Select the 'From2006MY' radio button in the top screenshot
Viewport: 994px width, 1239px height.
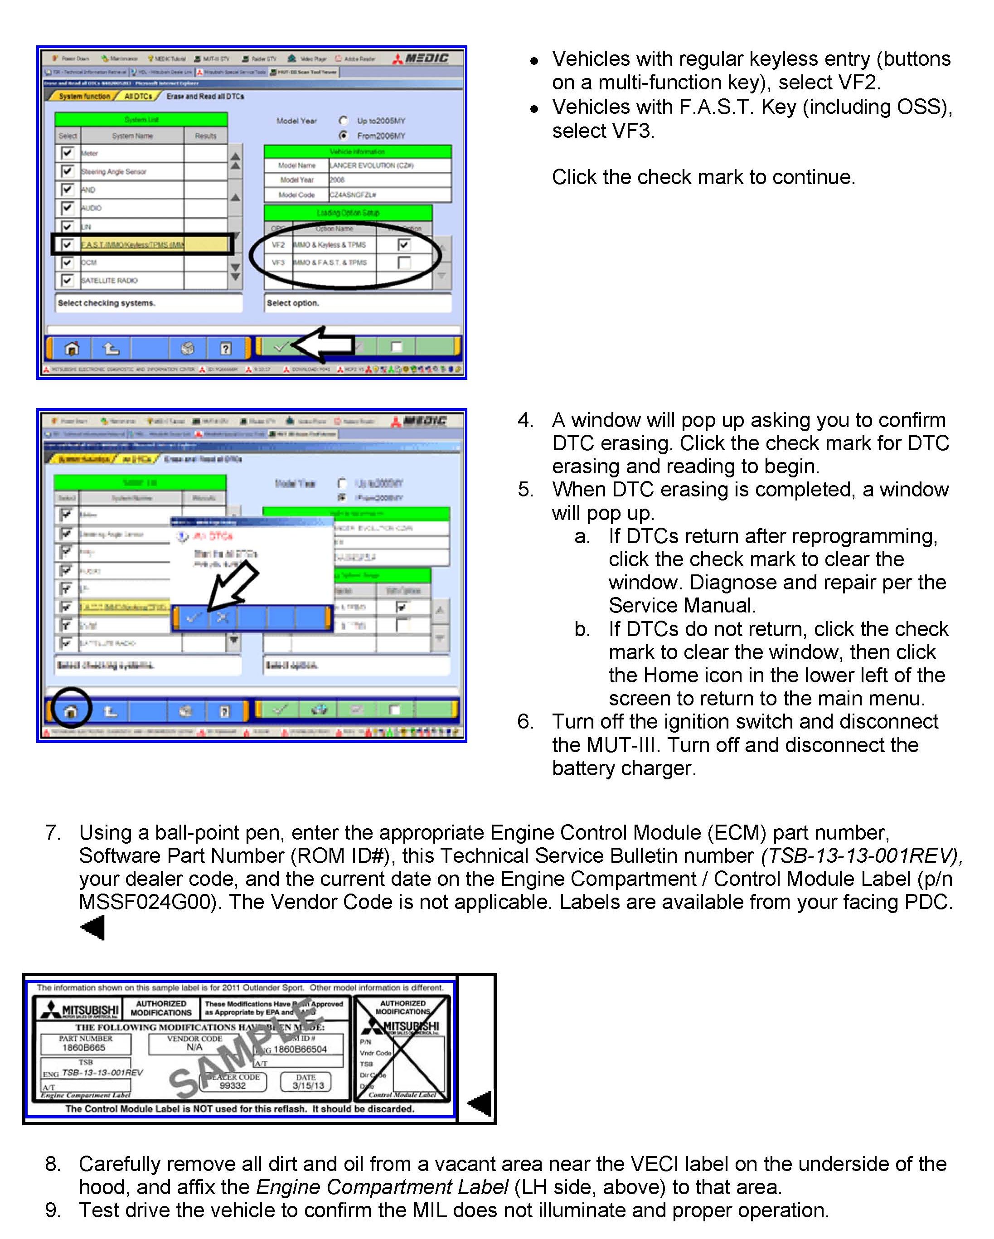[344, 136]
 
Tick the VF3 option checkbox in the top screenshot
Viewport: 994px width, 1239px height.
[404, 262]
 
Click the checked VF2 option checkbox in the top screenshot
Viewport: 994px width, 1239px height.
[404, 245]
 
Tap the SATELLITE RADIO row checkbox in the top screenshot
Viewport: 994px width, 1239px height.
[67, 281]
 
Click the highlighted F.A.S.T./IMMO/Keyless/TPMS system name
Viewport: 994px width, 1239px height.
[132, 245]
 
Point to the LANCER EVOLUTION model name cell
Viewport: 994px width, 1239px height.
[372, 165]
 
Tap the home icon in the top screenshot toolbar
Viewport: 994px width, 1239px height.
[72, 348]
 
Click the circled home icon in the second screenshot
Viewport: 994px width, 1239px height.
[71, 711]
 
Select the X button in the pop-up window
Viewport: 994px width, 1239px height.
[223, 618]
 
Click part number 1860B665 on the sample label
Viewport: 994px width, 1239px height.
[84, 1048]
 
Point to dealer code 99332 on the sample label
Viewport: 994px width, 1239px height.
[232, 1086]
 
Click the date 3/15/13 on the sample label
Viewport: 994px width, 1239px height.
[308, 1086]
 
